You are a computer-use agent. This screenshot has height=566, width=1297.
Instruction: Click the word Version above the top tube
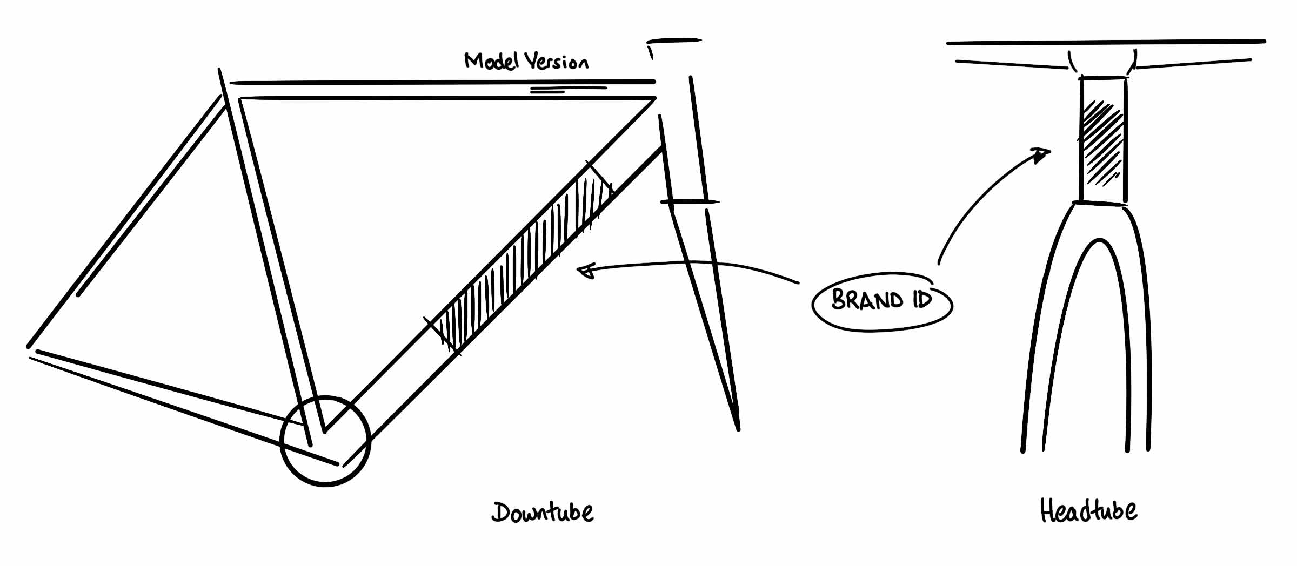(x=557, y=62)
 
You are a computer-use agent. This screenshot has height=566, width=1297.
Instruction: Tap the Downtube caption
(x=543, y=512)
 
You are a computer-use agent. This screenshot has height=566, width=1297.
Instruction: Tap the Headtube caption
(x=1088, y=510)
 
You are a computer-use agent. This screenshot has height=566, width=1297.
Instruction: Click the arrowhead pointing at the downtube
(x=586, y=271)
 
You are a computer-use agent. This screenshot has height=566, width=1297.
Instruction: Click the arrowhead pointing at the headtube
(x=1041, y=155)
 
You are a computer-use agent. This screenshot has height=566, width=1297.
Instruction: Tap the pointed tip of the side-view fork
(x=738, y=429)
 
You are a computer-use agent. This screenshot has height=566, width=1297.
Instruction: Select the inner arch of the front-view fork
(x=1099, y=239)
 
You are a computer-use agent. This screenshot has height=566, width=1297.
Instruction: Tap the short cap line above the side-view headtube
(x=674, y=40)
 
